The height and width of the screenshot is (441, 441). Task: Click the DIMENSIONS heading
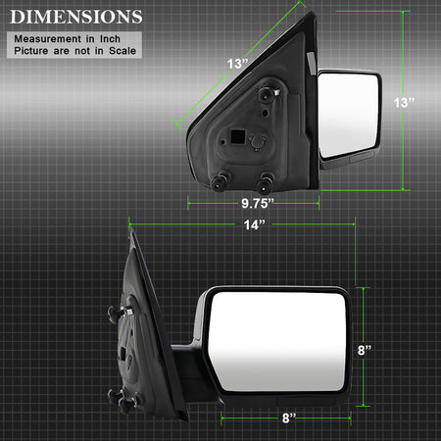coord(76,17)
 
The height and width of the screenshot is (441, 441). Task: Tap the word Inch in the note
coord(110,39)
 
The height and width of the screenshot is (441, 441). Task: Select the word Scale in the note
coord(122,51)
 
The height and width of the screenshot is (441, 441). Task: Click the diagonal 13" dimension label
coord(237,64)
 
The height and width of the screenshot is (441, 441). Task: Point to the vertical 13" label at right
coord(404,103)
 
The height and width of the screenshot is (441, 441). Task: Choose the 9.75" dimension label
coord(258,204)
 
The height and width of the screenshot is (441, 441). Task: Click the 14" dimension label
coord(254,224)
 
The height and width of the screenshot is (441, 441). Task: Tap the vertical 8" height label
coord(365,350)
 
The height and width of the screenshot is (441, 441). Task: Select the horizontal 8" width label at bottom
coord(289,417)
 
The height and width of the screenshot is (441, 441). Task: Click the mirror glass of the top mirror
coord(348,115)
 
